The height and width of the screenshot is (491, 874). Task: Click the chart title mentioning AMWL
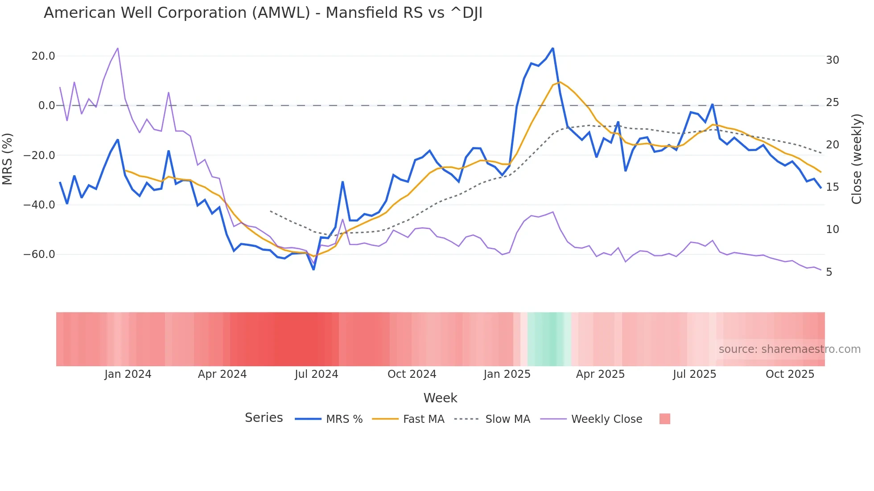263,13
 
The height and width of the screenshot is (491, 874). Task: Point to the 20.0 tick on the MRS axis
43,56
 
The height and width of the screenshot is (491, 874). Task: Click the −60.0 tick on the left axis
39,254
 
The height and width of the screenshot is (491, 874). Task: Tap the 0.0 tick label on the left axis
46,106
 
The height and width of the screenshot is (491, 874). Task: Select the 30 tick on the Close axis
832,60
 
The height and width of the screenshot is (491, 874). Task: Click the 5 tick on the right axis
829,272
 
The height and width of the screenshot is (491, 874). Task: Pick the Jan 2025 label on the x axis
507,374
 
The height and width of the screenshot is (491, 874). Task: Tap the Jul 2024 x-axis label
317,374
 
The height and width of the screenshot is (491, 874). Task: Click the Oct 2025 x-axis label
790,374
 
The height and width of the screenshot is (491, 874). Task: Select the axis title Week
440,398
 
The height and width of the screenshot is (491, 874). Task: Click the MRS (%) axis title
8,159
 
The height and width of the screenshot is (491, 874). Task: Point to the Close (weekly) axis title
856,159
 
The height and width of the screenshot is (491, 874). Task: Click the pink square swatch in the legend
664,419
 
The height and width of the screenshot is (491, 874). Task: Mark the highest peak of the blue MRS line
553,48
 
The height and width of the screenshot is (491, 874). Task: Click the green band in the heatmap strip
547,339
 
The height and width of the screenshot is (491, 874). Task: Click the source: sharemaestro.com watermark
789,349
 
